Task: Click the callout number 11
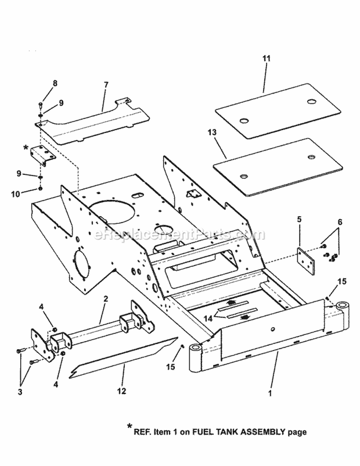[x=266, y=59]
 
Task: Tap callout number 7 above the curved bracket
[x=106, y=85]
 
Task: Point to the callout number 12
[x=121, y=392]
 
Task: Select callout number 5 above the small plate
[x=299, y=220]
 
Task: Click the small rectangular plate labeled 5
[x=306, y=261]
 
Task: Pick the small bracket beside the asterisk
[x=41, y=156]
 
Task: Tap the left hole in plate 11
[x=244, y=120]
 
